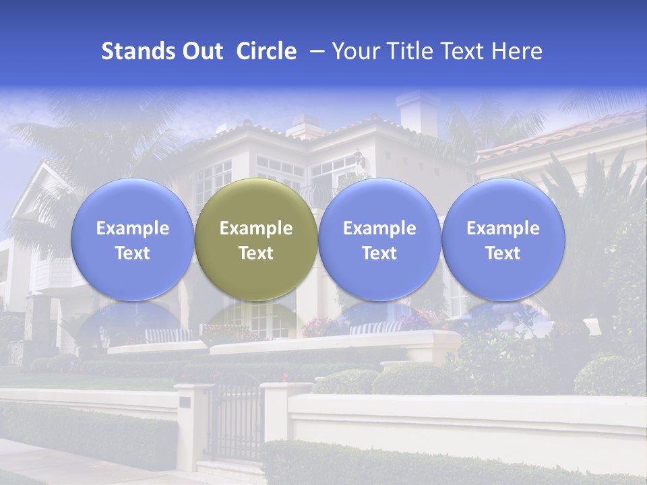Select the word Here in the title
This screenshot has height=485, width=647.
pyautogui.click(x=517, y=51)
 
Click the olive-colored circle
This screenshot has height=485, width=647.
pyautogui.click(x=256, y=239)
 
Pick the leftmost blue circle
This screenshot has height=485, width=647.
pyautogui.click(x=132, y=239)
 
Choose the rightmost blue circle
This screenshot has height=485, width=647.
pyautogui.click(x=503, y=239)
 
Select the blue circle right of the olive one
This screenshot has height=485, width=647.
pyautogui.click(x=379, y=239)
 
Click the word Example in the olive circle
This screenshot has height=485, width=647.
pyautogui.click(x=256, y=228)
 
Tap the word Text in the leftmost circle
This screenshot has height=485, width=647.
pyautogui.click(x=132, y=253)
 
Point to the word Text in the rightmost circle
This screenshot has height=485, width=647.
pyautogui.click(x=503, y=253)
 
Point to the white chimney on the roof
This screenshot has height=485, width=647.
pyautogui.click(x=417, y=111)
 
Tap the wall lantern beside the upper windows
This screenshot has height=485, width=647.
pyautogui.click(x=359, y=159)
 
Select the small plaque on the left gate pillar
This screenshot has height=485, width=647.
pyautogui.click(x=185, y=402)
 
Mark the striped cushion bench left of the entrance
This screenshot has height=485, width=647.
pyautogui.click(x=168, y=335)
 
